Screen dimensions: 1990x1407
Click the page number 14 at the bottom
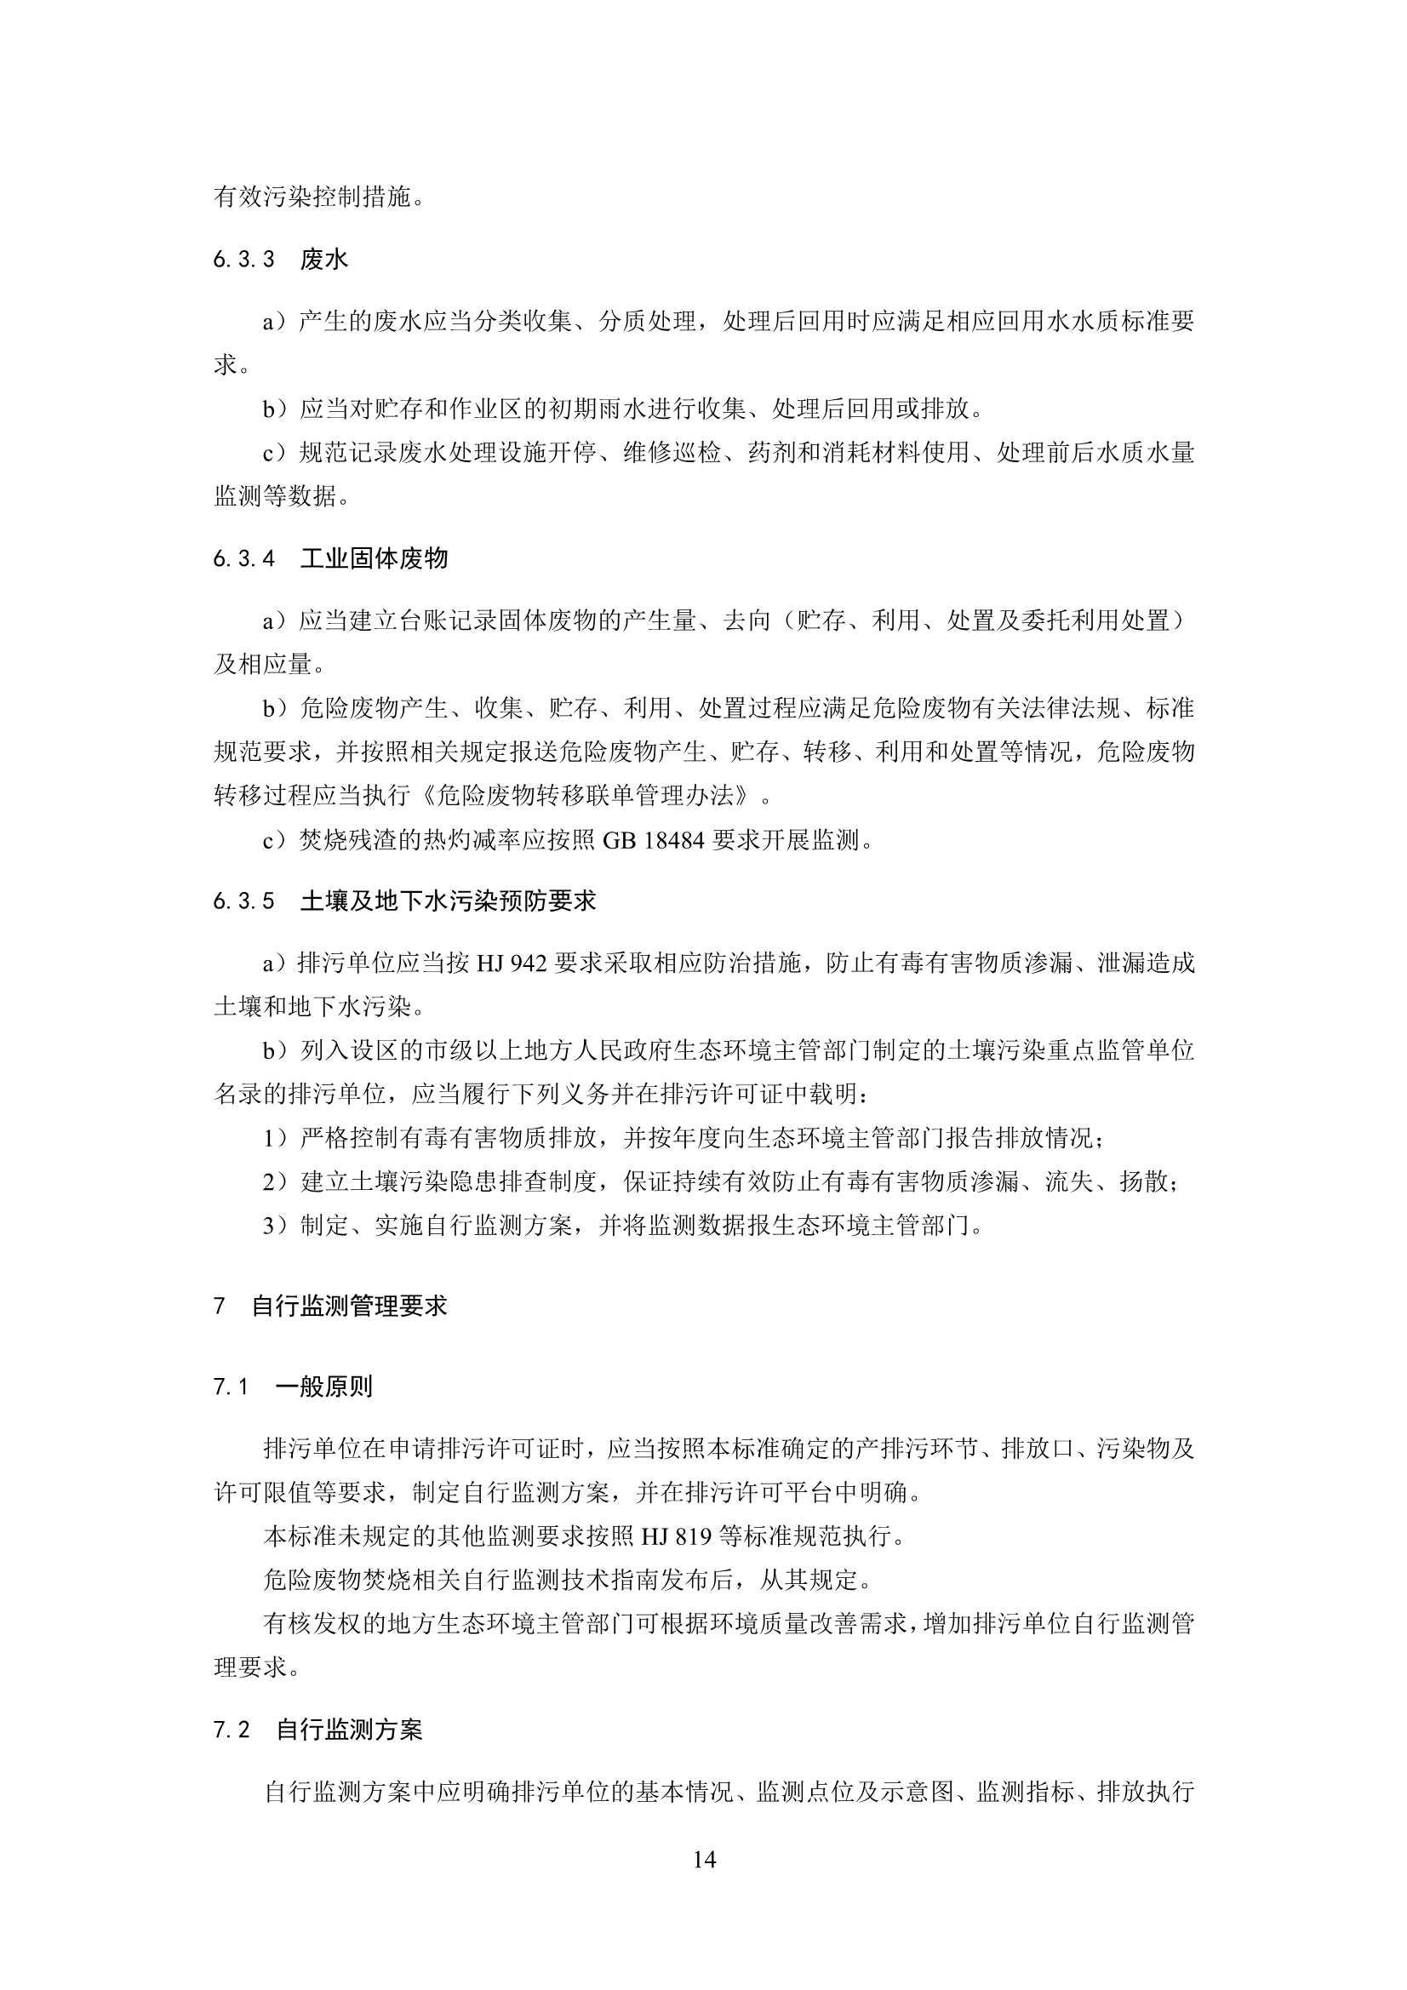click(x=704, y=1859)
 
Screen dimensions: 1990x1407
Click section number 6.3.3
click(x=243, y=259)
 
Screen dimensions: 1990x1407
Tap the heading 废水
click(x=324, y=259)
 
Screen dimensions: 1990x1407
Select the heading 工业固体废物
click(x=374, y=558)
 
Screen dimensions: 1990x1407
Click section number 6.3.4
click(x=243, y=559)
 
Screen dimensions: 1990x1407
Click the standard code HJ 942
click(x=512, y=963)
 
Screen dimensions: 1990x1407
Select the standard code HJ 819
click(x=676, y=1536)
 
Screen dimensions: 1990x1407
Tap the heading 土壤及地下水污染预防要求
click(x=449, y=901)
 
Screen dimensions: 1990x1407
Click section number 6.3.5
click(x=243, y=902)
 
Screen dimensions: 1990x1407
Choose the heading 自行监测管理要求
click(x=349, y=1307)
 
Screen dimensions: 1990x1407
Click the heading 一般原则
click(x=324, y=1387)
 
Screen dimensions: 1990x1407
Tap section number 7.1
click(x=232, y=1387)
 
